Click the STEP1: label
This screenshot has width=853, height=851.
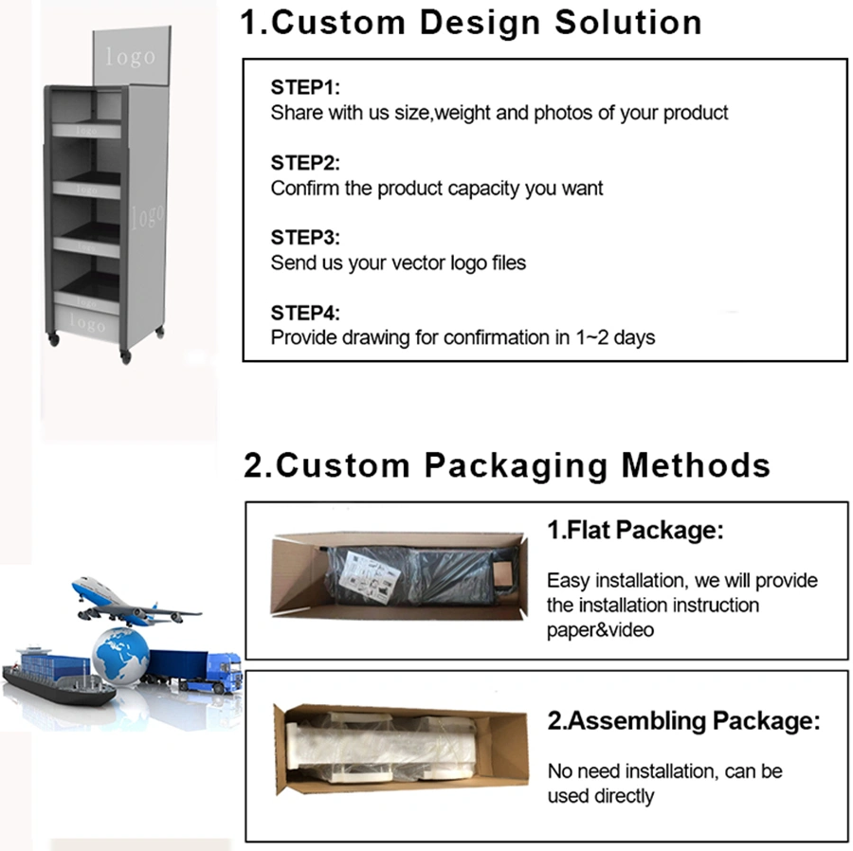[x=305, y=87]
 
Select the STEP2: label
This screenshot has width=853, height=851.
[x=305, y=163]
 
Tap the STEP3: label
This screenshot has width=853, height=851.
[x=305, y=237]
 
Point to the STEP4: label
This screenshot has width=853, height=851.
[x=305, y=313]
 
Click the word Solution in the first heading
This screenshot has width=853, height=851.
[x=628, y=23]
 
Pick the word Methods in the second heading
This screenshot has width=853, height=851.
[x=696, y=465]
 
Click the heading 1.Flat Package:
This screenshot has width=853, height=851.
[x=635, y=530]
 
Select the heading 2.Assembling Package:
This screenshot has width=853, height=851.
[x=683, y=721]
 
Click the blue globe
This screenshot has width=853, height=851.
[x=120, y=655]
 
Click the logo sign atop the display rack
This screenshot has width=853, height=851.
[x=132, y=56]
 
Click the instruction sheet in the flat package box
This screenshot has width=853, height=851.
[x=370, y=577]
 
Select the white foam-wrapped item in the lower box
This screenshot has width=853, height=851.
[x=381, y=748]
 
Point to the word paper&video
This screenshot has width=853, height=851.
[x=600, y=630]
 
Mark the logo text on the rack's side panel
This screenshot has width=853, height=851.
[x=147, y=216]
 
